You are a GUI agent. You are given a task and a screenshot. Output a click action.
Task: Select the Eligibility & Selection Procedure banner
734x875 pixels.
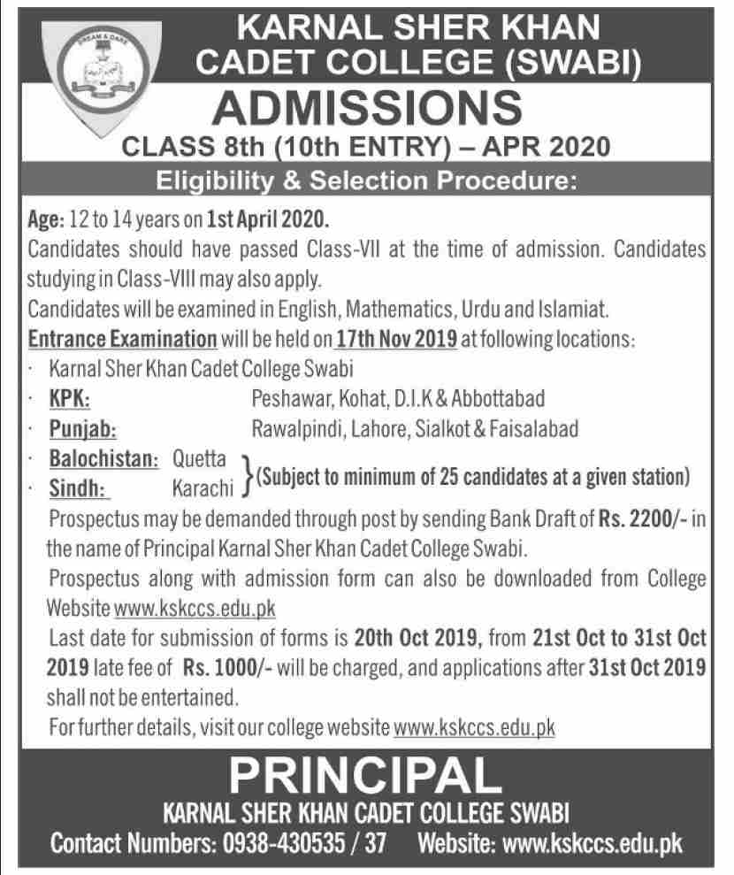[x=366, y=183]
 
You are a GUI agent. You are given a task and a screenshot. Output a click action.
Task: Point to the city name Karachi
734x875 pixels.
[x=203, y=486]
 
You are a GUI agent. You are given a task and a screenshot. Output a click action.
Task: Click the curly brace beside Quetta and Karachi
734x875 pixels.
[x=245, y=473]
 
